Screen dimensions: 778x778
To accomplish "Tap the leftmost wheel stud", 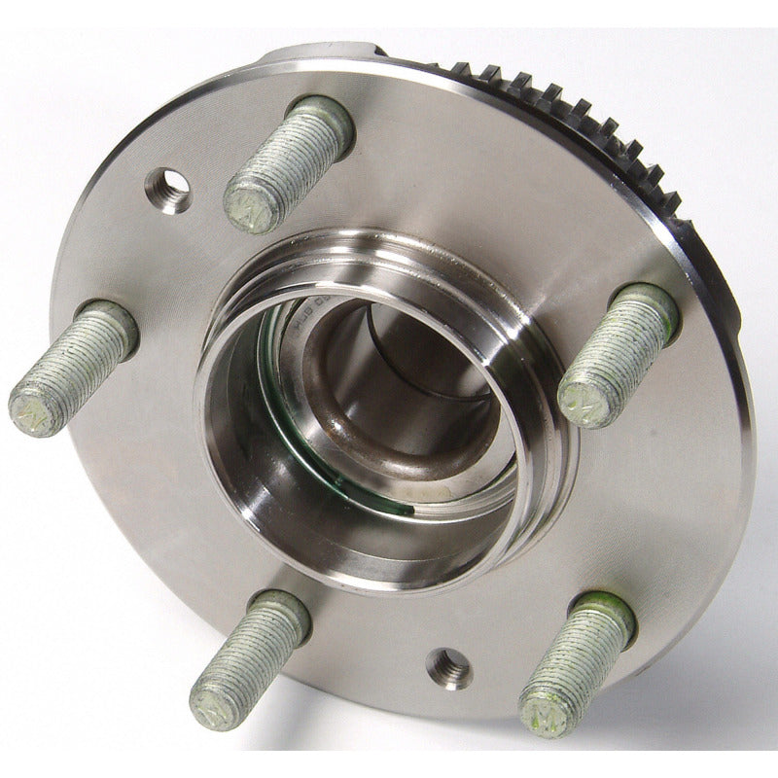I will pyautogui.click(x=73, y=368).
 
